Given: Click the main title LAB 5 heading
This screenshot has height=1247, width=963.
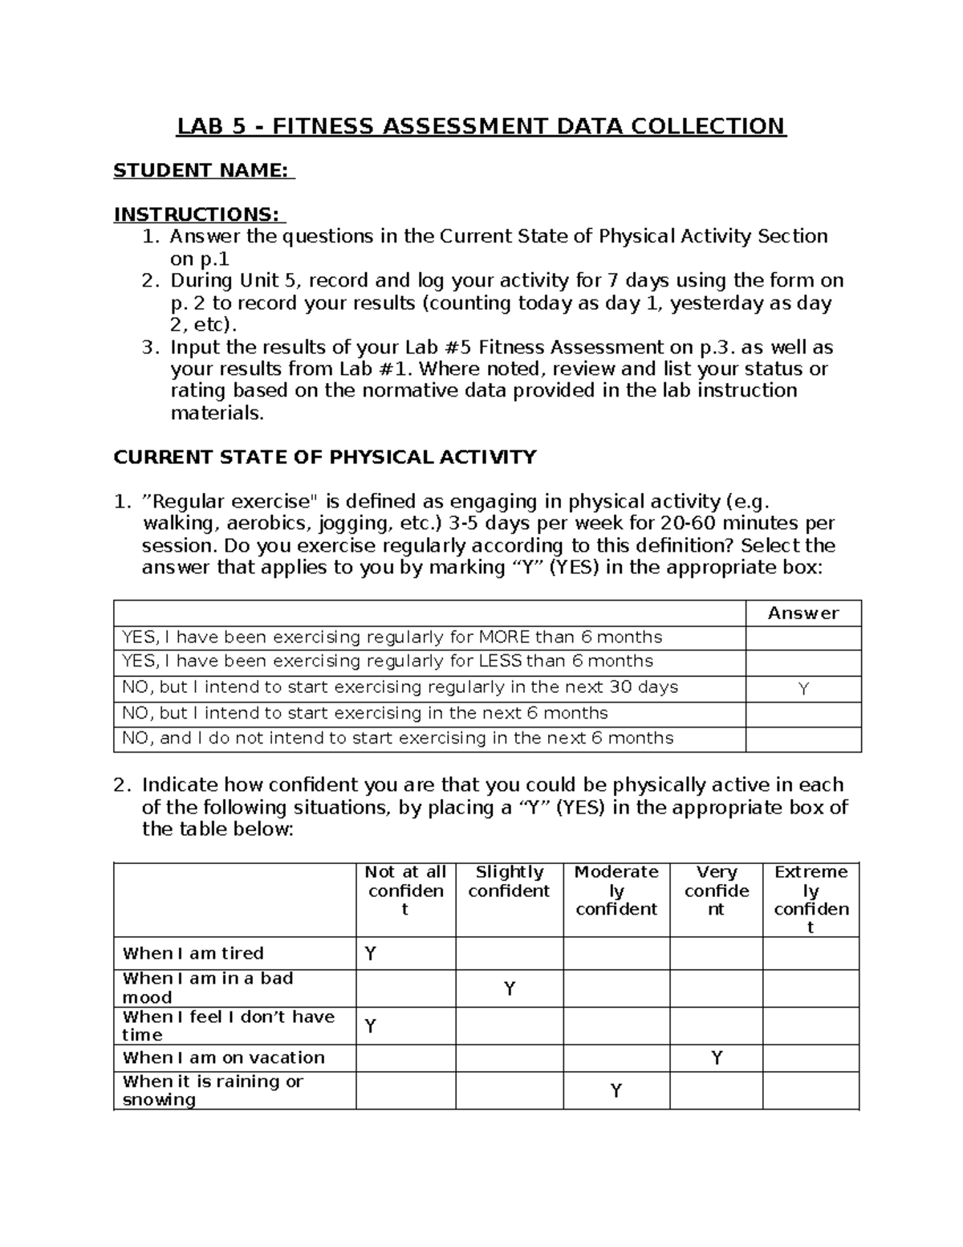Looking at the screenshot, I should (481, 127).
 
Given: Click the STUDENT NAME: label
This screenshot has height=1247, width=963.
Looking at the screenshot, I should (204, 170).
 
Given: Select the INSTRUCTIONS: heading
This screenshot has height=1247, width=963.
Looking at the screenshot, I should (199, 214).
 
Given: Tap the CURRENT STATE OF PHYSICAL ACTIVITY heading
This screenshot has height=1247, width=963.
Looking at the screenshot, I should (324, 458).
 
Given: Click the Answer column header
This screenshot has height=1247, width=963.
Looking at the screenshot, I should (802, 613).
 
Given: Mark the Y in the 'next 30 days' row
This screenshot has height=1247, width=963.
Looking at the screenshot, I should (803, 689).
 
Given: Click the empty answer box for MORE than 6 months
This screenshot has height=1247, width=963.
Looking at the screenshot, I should (803, 638).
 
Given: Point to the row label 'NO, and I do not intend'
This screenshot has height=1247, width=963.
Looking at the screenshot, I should (397, 739).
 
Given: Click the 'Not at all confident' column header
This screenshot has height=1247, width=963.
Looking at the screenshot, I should (405, 890).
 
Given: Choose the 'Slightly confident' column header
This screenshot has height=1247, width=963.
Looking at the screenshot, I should (509, 882).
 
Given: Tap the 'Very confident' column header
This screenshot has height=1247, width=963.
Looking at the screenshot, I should (716, 890).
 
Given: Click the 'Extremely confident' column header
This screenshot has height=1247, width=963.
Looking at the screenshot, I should (811, 899).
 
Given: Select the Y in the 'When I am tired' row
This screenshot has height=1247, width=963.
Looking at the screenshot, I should (370, 954).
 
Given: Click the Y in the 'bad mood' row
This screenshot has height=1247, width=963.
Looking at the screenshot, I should (509, 988).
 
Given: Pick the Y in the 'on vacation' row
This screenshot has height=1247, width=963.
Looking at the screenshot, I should (717, 1058).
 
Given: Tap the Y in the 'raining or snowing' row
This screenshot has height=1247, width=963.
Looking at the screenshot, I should (616, 1091).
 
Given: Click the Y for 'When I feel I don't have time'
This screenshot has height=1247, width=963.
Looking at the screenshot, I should (370, 1026).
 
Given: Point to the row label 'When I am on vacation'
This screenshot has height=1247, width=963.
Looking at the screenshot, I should (223, 1058).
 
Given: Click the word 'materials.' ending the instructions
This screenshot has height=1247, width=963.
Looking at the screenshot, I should (217, 414).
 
